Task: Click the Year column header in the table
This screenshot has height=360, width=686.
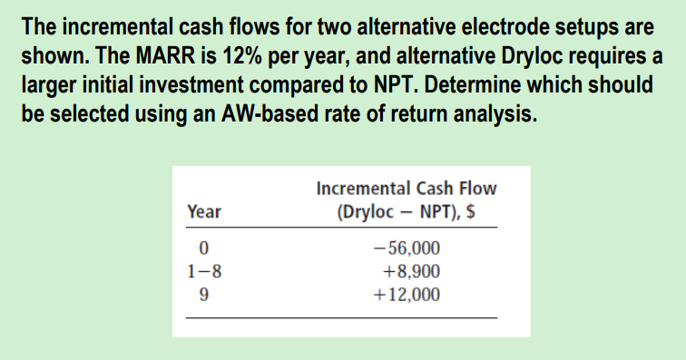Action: [203, 211]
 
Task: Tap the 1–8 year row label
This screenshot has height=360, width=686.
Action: [204, 270]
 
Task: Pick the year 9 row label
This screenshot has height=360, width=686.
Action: [204, 294]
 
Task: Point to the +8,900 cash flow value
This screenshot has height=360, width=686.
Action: [411, 270]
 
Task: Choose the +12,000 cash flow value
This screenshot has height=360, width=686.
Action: [407, 294]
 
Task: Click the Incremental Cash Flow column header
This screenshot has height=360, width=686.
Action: [407, 189]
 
